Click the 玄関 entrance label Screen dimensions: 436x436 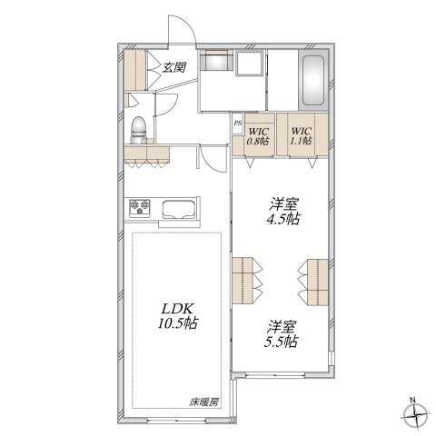click(173, 67)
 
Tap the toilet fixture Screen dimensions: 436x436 click(138, 130)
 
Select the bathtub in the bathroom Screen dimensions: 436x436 click(313, 80)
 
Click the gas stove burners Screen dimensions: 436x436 click(140, 207)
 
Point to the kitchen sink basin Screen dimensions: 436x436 click(178, 209)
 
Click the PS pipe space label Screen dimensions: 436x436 click(238, 124)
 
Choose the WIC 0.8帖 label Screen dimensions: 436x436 click(258, 136)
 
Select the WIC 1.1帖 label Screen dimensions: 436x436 click(301, 135)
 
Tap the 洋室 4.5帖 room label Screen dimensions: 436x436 click(283, 211)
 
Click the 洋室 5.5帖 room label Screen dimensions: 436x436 click(282, 333)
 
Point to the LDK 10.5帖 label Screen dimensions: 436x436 click(177, 316)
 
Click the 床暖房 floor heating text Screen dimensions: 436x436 click(203, 402)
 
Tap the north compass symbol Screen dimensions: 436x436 click(416, 414)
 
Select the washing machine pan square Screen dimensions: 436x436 click(249, 64)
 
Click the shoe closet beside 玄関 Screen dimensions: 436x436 click(135, 70)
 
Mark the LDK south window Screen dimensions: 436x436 click(176, 420)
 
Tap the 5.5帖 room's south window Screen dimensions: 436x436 click(274, 375)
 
